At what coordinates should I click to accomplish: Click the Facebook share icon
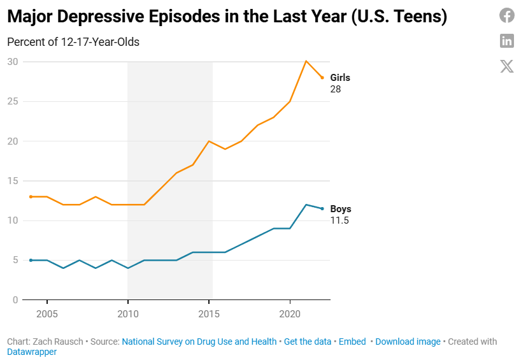506,16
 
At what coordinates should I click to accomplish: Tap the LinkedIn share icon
506,41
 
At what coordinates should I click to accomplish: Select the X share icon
506,66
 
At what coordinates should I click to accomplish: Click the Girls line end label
340,78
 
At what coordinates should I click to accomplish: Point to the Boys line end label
341,209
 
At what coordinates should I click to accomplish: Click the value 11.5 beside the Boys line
339,220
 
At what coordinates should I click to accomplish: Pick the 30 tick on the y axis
13,62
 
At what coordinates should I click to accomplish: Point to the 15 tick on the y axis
13,181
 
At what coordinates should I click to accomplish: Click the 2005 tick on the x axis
47,315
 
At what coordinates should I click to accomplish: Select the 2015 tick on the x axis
209,315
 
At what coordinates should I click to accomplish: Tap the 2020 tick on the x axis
290,315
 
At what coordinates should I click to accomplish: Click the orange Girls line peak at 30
306,61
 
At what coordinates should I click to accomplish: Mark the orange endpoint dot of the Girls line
322,78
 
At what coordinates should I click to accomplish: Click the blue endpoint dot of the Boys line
322,209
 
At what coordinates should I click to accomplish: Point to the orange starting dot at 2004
31,197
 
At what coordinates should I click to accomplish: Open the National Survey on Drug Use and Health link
199,342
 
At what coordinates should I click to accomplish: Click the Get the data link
308,342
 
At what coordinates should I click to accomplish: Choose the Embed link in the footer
352,342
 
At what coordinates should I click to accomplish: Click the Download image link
408,342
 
